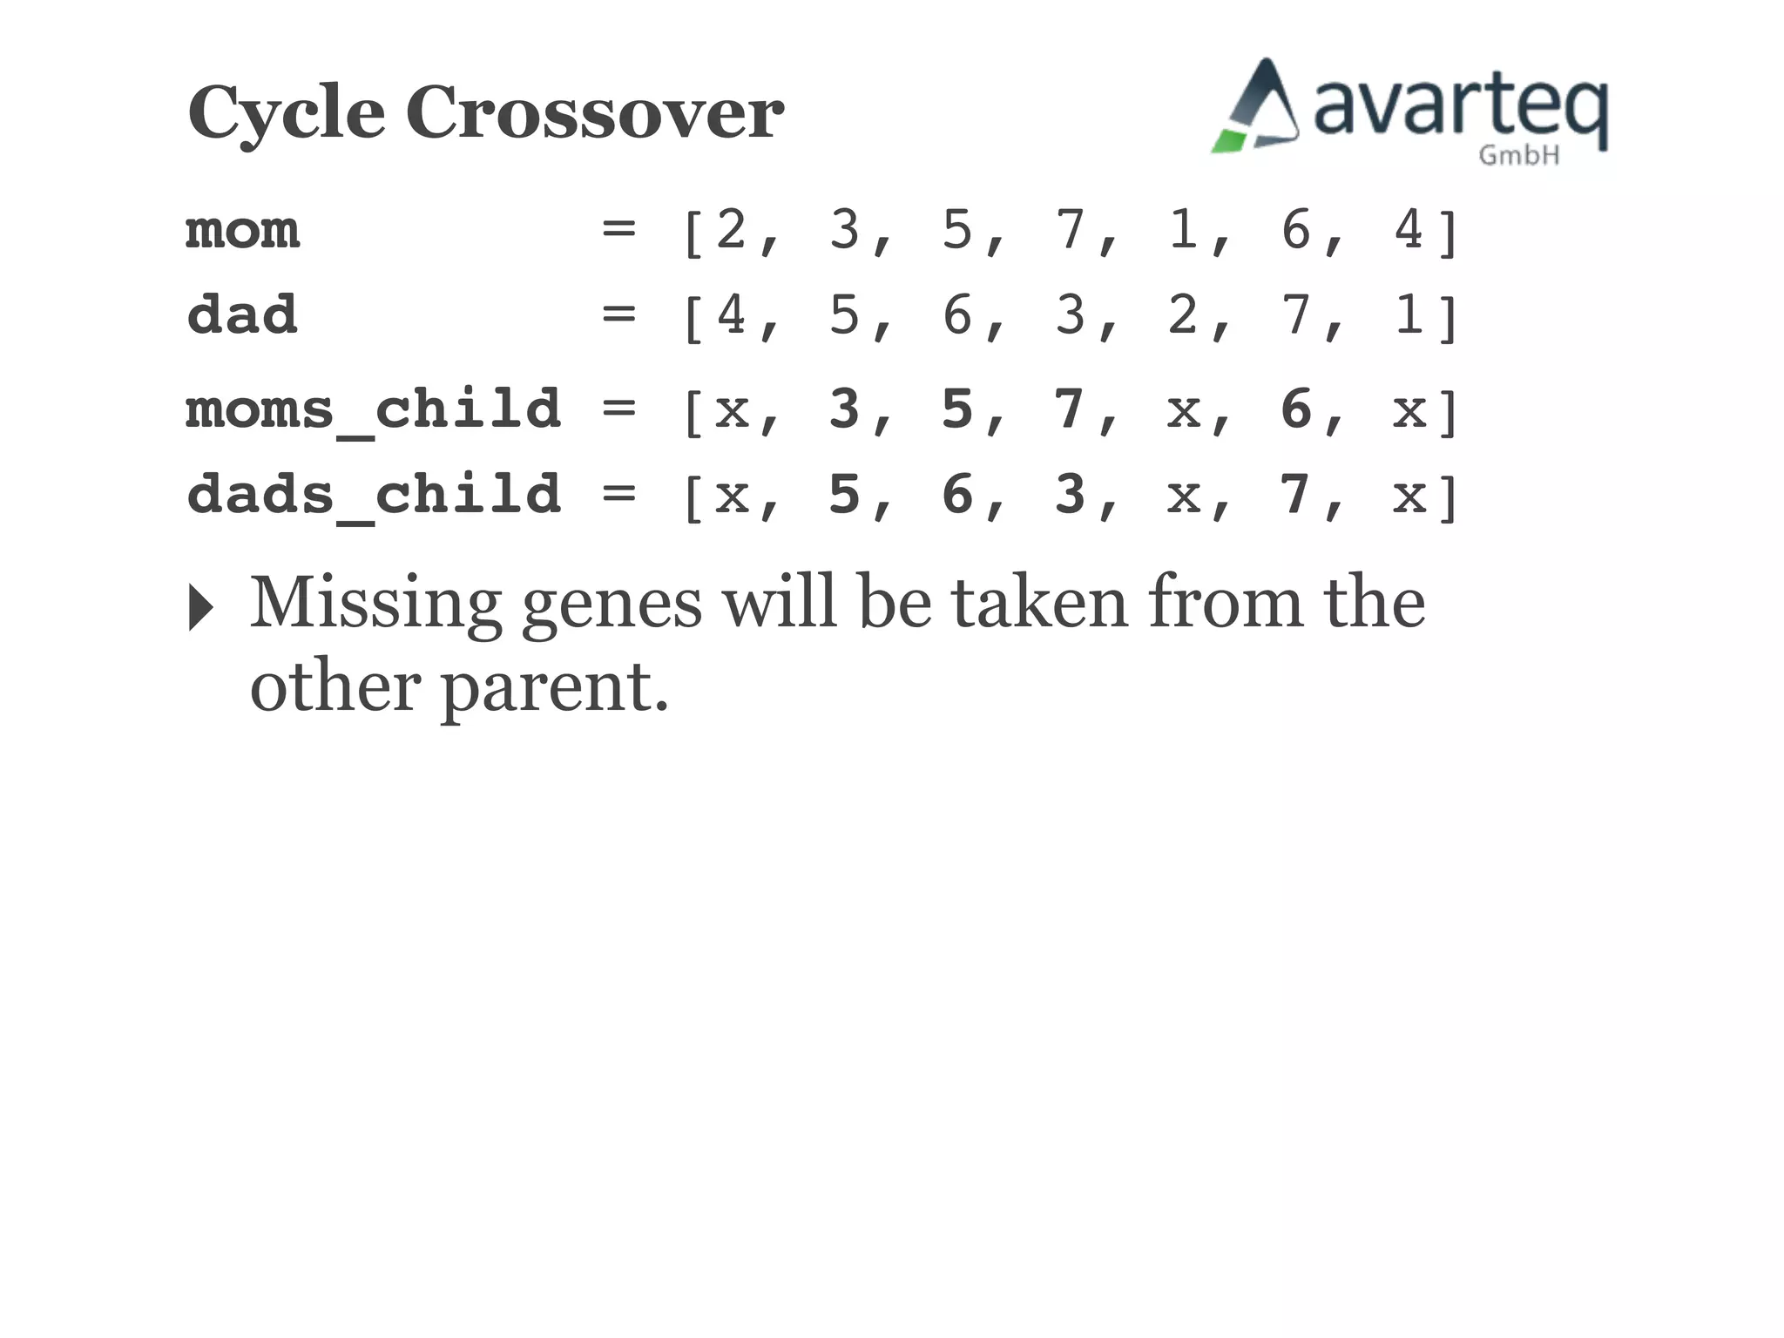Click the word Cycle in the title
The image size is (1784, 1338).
coord(286,113)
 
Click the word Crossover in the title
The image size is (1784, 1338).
coord(594,113)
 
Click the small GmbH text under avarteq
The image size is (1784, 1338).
coord(1518,156)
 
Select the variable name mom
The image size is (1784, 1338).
coord(242,231)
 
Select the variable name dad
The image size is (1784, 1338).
coord(242,314)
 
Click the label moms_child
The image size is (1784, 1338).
coord(373,409)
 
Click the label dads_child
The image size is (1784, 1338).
coord(373,495)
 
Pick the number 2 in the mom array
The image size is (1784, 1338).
coord(731,230)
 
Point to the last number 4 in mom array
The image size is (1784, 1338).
coord(1409,230)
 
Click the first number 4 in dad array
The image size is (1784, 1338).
coord(731,314)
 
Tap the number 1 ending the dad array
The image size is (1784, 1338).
coord(1409,314)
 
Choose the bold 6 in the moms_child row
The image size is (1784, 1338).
coord(1295,409)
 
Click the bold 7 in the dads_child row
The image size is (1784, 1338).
coord(1295,494)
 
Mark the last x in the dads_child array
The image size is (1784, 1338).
coord(1409,496)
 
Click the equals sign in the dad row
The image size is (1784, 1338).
coord(618,314)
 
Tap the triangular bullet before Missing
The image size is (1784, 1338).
coord(200,607)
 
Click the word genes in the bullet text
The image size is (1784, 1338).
coord(611,605)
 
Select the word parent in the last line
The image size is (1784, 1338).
coord(545,688)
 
